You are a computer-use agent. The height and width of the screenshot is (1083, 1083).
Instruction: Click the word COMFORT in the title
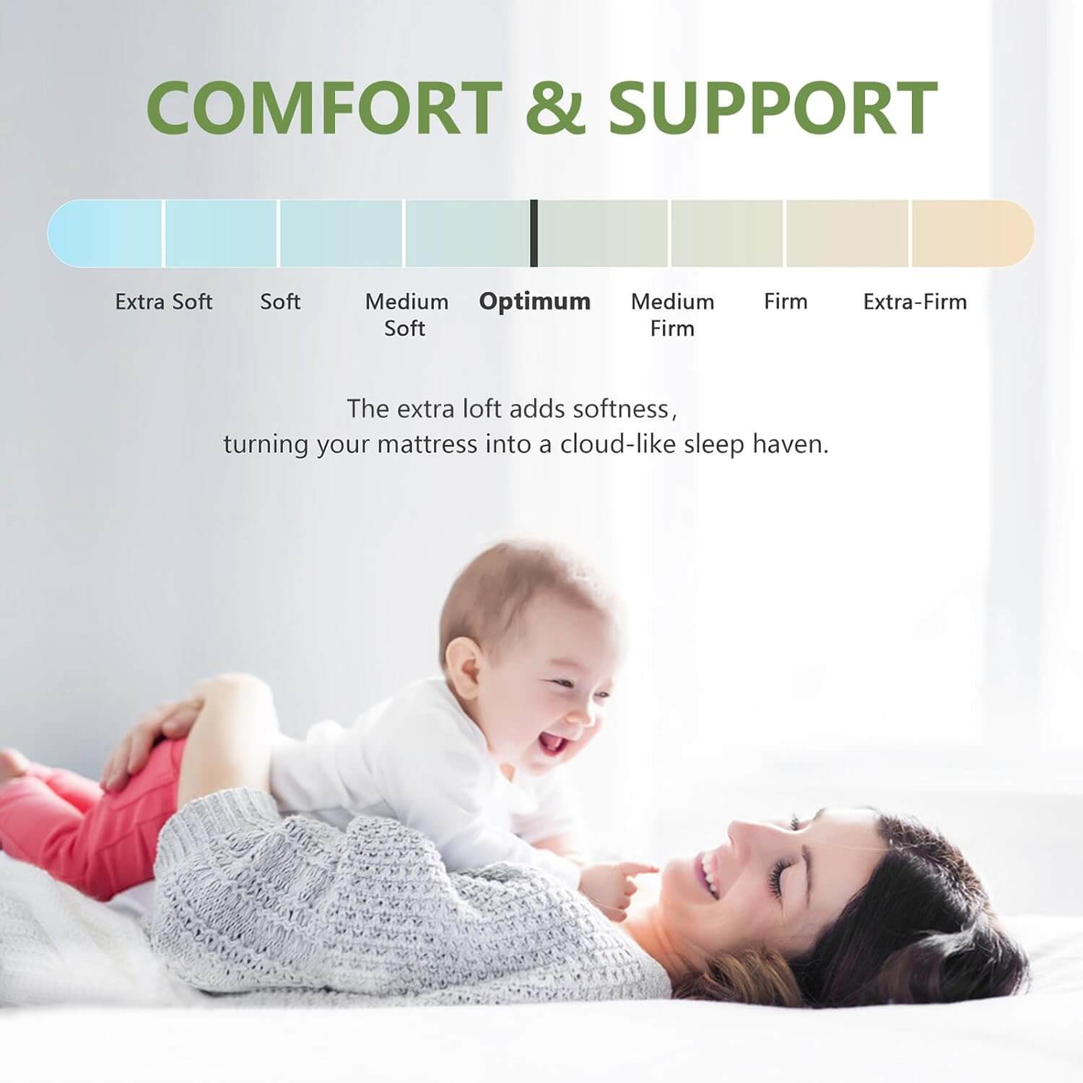(324, 108)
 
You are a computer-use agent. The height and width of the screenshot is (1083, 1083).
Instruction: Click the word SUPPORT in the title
(773, 108)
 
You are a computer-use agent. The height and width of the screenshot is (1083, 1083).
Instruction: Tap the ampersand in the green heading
(555, 108)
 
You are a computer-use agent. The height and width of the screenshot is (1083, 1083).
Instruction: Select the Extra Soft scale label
(164, 302)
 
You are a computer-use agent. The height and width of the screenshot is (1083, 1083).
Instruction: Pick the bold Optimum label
(535, 302)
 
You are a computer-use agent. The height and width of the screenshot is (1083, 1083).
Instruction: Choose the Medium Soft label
(406, 315)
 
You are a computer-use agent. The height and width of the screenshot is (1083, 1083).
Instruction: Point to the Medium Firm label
(672, 315)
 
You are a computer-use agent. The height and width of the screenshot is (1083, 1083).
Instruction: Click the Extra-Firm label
(915, 302)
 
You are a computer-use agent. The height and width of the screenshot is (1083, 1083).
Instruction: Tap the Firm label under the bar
(786, 302)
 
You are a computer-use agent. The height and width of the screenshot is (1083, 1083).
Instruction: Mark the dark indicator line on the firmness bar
(534, 233)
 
